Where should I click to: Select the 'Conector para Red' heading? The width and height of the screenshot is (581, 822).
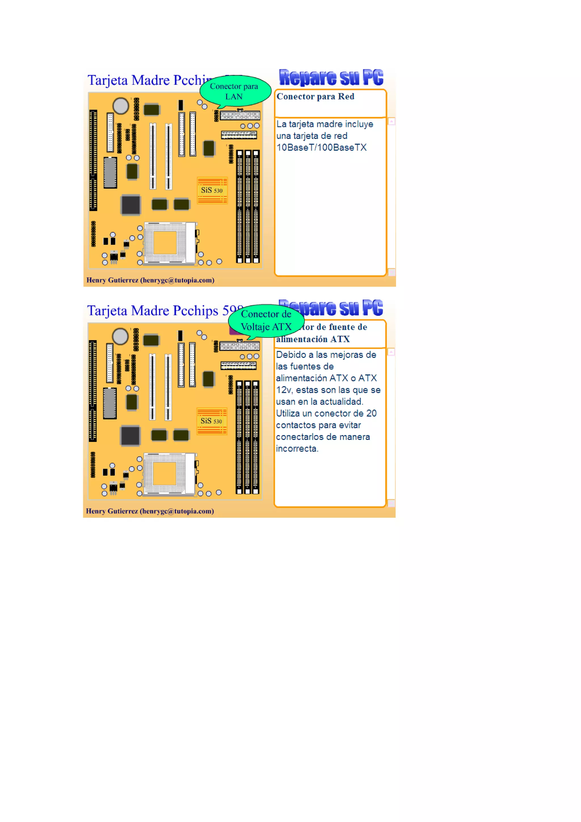(x=315, y=97)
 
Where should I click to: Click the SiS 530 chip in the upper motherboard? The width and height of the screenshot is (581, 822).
(x=212, y=190)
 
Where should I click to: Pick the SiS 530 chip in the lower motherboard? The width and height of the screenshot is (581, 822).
(x=212, y=421)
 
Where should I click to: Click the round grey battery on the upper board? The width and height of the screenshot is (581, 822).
(x=121, y=106)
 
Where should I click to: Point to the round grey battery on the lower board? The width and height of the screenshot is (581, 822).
(x=120, y=336)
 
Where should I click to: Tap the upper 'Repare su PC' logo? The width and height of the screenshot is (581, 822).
(x=331, y=77)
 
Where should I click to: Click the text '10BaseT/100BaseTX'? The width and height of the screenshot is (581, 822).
(x=321, y=147)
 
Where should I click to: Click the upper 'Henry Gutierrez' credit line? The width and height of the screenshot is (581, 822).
(x=150, y=280)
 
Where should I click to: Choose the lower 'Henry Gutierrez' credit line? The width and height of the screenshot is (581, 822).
(x=150, y=511)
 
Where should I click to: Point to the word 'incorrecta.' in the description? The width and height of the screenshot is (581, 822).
(x=297, y=449)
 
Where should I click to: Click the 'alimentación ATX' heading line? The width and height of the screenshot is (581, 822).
(x=313, y=339)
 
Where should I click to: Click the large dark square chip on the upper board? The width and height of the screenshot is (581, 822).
(x=131, y=205)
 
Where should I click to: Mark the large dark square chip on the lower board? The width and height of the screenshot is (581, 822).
(x=130, y=436)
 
